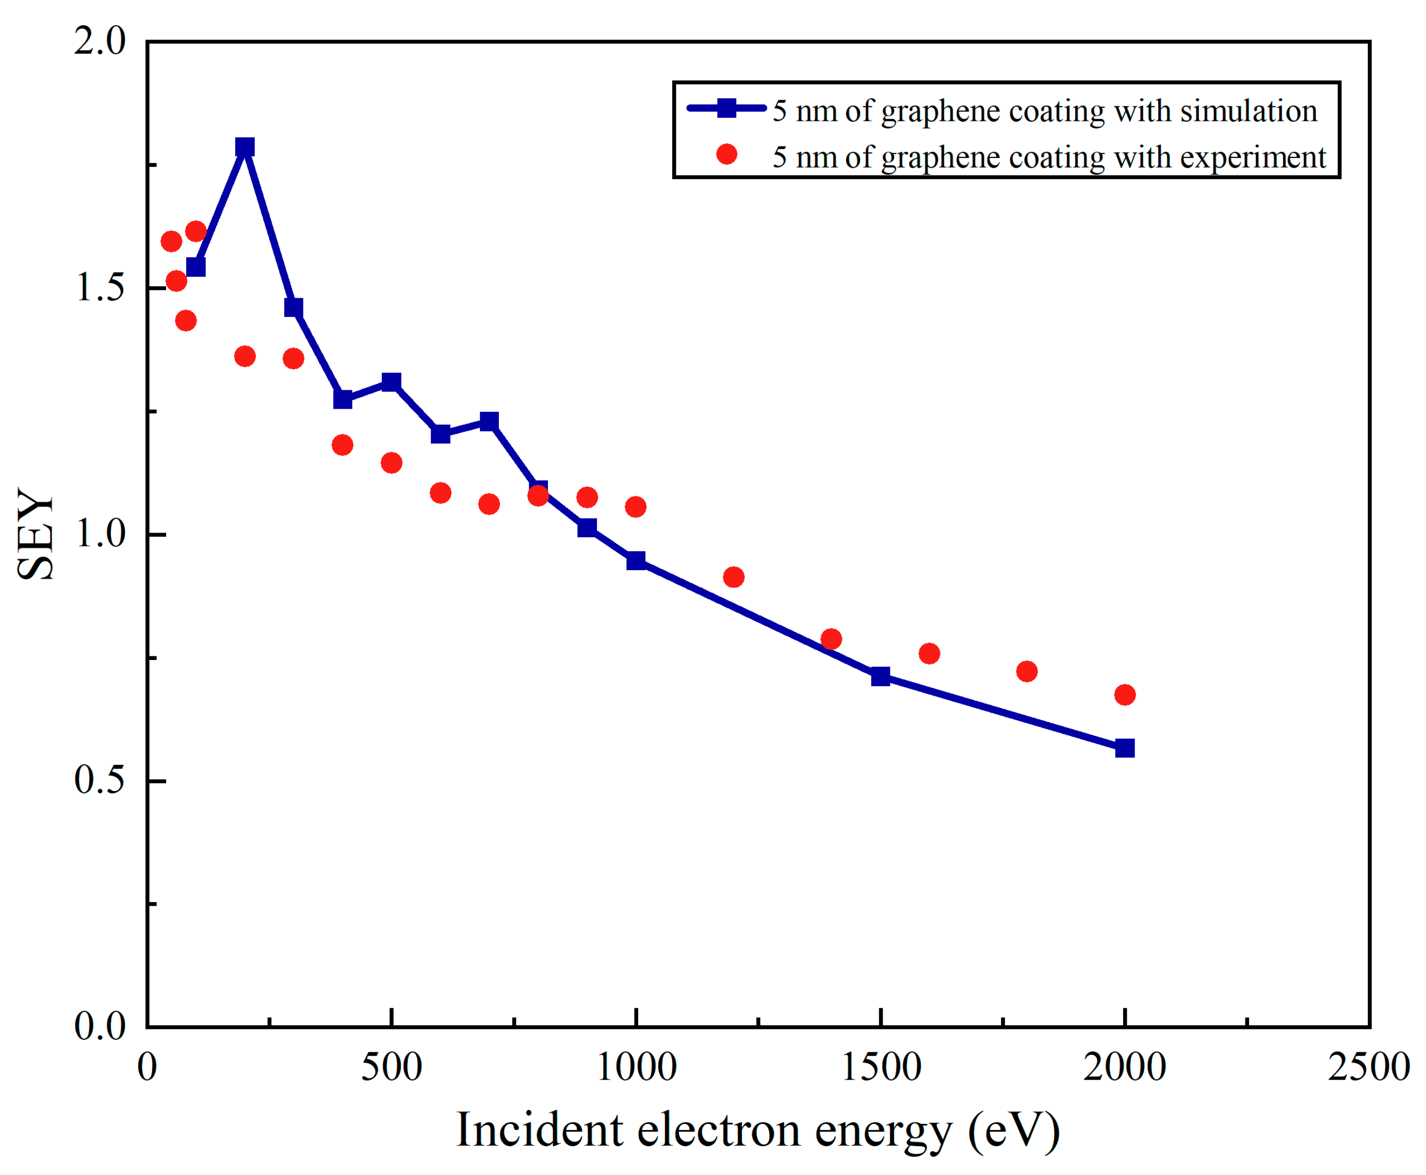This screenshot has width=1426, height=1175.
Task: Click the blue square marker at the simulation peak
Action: pos(245,147)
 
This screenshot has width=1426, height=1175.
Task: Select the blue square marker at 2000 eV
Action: pos(1124,748)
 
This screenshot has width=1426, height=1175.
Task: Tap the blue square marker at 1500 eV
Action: pos(880,676)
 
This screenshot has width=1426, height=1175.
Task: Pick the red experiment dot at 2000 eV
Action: pos(1124,695)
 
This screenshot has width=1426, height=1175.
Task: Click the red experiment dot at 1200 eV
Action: pos(734,577)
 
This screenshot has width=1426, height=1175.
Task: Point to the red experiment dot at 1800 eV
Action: pos(1027,671)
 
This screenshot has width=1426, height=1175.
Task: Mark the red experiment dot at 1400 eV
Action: pos(831,639)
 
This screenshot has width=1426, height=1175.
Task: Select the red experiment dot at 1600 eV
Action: pos(929,653)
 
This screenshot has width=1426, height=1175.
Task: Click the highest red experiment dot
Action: pos(196,232)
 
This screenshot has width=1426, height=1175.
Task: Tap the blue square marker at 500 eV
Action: pos(391,382)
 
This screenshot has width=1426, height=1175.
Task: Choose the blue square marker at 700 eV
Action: pos(489,421)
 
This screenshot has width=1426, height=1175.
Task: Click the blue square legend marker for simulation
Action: pos(726,108)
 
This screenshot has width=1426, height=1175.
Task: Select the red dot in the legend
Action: pos(726,154)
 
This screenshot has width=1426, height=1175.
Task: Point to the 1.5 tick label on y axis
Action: pos(100,287)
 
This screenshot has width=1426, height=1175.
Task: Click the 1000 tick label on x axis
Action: pos(636,1067)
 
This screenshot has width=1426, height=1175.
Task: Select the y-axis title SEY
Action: pos(35,534)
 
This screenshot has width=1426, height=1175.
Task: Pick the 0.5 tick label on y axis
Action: pos(100,780)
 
